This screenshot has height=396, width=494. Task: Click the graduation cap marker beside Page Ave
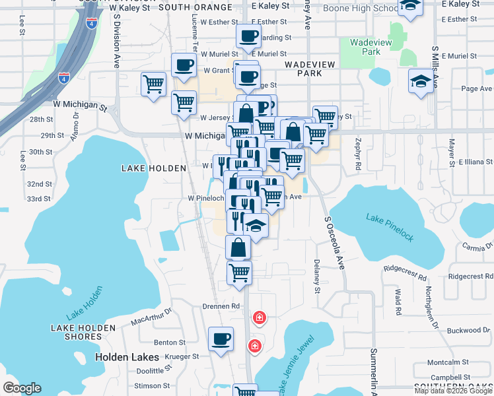(420, 82)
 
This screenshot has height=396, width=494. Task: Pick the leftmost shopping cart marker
(153, 84)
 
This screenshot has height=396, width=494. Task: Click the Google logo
(22, 388)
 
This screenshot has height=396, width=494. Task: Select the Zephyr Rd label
(357, 154)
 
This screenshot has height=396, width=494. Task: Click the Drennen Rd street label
(221, 306)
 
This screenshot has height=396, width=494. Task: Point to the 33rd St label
(39, 199)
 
